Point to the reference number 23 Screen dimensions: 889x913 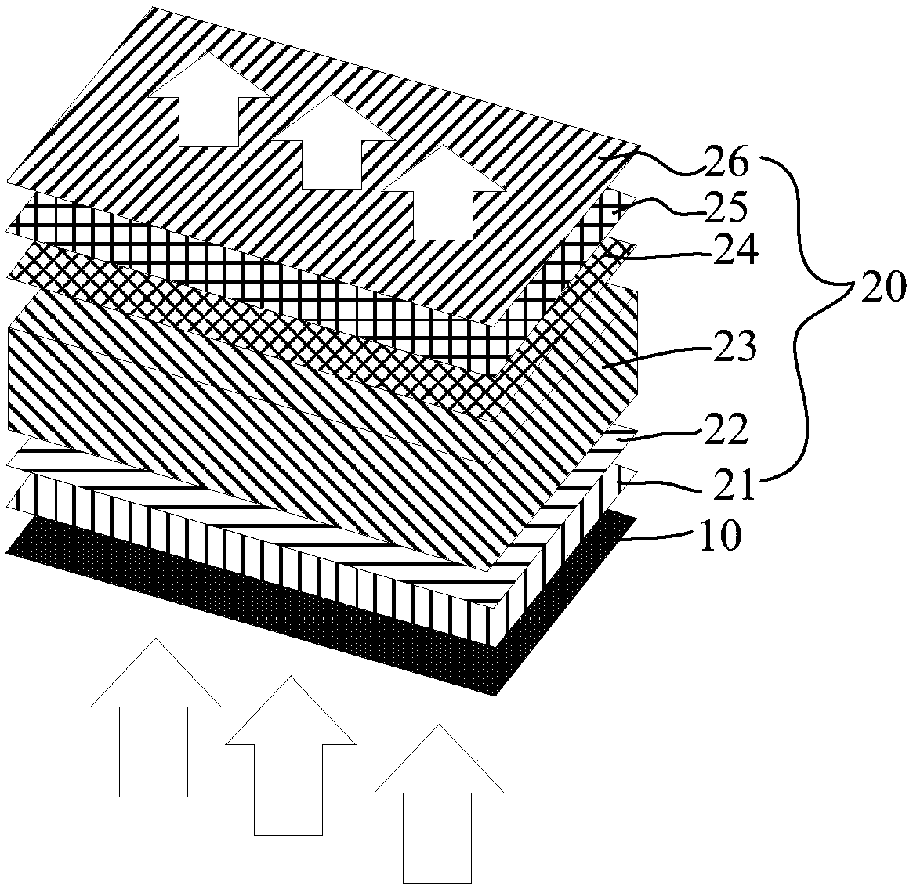pyautogui.click(x=733, y=346)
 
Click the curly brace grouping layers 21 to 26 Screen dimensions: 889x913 pyautogui.click(x=807, y=313)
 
